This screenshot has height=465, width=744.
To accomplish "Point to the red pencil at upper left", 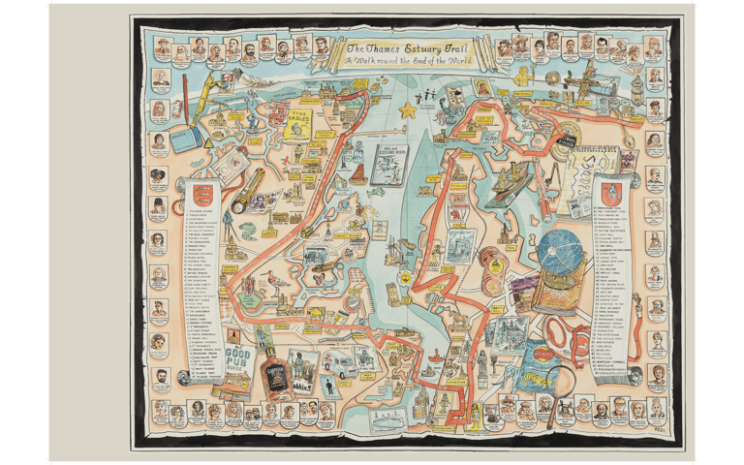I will point(181,106).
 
